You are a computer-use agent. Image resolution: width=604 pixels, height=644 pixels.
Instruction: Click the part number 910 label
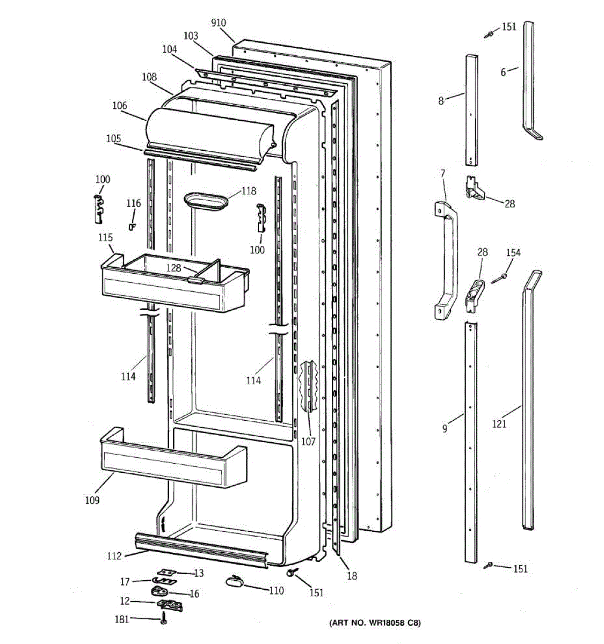[219, 23]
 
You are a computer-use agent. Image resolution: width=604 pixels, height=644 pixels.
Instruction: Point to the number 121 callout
[499, 425]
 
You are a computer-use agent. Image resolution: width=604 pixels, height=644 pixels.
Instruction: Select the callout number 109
[92, 501]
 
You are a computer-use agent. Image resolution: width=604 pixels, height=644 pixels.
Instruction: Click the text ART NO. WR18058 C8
[375, 623]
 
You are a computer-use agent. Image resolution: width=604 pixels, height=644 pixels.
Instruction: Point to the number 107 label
[308, 442]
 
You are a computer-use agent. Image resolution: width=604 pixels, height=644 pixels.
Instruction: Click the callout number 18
[352, 576]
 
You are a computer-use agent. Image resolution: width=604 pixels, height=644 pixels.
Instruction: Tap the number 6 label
[503, 72]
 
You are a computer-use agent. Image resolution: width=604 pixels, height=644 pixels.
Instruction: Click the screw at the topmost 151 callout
[489, 34]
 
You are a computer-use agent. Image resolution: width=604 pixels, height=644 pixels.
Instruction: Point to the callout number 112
[114, 556]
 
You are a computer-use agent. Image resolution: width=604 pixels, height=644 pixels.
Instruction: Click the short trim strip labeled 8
[471, 110]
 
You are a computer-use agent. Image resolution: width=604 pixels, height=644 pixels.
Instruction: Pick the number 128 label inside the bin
[173, 268]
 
